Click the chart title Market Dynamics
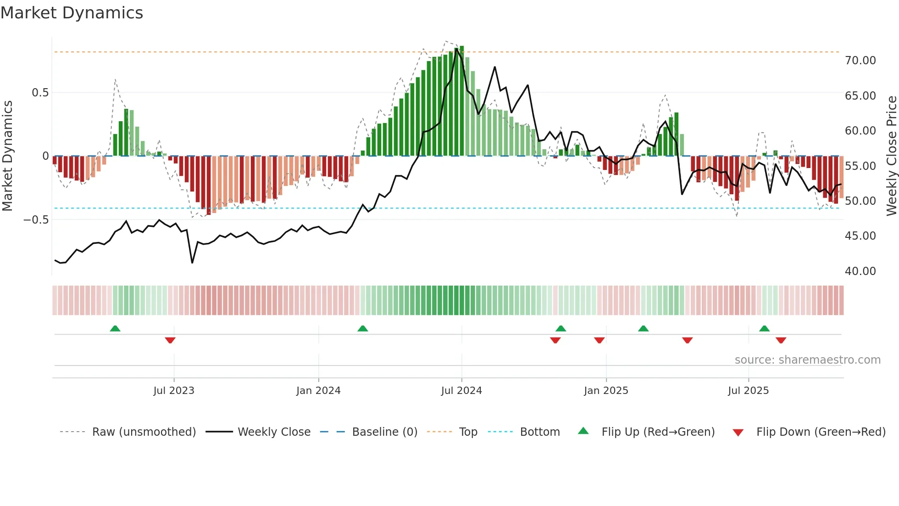pyautogui.click(x=72, y=13)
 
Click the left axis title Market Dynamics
pyautogui.click(x=7, y=156)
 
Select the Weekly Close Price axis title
pyautogui.click(x=891, y=156)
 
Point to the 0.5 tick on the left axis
pyautogui.click(x=40, y=93)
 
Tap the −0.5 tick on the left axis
pyautogui.click(x=36, y=220)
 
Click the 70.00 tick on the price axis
pyautogui.click(x=860, y=61)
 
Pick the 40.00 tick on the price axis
pyautogui.click(x=860, y=271)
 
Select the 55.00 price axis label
pyautogui.click(x=860, y=166)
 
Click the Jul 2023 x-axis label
pyautogui.click(x=174, y=391)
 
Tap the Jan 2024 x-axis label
pyautogui.click(x=318, y=391)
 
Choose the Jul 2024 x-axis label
pyautogui.click(x=461, y=391)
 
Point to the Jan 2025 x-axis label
pyautogui.click(x=606, y=391)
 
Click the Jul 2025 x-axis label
pyautogui.click(x=748, y=391)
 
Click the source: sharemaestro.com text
pyautogui.click(x=807, y=360)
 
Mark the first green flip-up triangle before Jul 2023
pyautogui.click(x=115, y=329)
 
